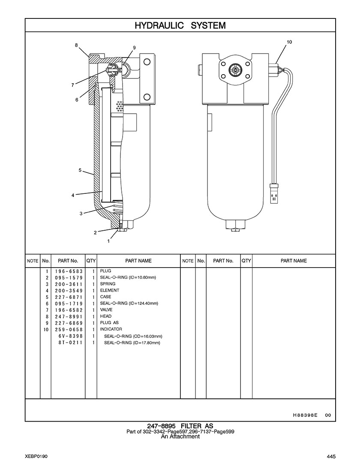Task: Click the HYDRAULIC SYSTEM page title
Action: (x=180, y=26)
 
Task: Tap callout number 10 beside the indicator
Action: (x=289, y=42)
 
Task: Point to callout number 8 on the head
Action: (x=76, y=45)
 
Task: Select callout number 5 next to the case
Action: (x=80, y=170)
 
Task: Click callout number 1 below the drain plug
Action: (x=108, y=241)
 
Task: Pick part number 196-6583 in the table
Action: (x=69, y=271)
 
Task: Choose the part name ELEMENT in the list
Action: (x=110, y=290)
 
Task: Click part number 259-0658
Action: (x=69, y=329)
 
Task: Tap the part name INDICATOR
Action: (x=111, y=329)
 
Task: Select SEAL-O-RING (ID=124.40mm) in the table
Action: (x=129, y=304)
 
